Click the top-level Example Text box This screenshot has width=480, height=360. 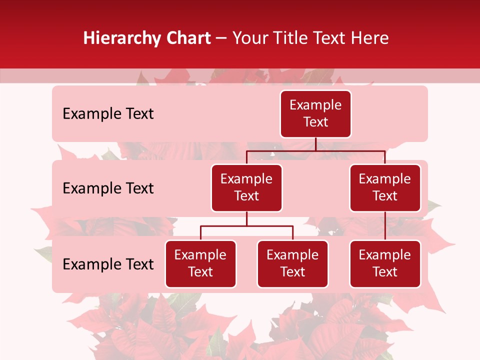coord(315,114)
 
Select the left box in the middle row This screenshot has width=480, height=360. coord(246,187)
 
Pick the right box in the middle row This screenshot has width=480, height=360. coord(385,187)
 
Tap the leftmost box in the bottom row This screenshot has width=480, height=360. coord(200,263)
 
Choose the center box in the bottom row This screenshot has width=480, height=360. coord(292,263)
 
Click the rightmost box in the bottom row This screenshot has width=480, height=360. coord(385,263)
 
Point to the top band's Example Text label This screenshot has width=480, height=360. coord(108,114)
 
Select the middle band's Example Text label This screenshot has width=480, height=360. coord(108,188)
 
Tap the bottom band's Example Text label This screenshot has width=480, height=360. coord(108,264)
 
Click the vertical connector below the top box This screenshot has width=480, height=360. coord(315,144)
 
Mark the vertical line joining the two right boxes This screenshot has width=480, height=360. coord(385,226)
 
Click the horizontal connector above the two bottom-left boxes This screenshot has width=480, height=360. coord(246,226)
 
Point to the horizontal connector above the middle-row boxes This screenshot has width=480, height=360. coord(315,150)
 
